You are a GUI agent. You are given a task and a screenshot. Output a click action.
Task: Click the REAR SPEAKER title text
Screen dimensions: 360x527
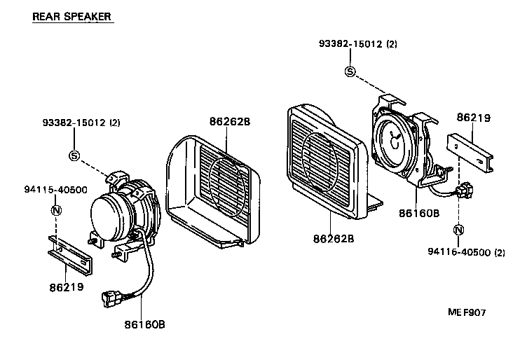pyautogui.click(x=72, y=16)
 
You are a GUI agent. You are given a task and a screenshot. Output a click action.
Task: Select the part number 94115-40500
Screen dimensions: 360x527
pyautogui.click(x=55, y=190)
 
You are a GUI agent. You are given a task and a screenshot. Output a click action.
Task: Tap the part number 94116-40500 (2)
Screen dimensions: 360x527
pyautogui.click(x=465, y=251)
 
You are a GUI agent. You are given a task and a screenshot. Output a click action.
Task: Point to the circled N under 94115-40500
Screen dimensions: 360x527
pyautogui.click(x=56, y=210)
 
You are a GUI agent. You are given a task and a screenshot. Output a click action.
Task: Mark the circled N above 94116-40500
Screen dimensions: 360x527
pyautogui.click(x=458, y=229)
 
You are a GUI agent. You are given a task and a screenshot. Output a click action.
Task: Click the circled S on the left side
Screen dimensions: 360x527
pyautogui.click(x=74, y=154)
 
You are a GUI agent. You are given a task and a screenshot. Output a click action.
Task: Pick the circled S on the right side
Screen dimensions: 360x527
pyautogui.click(x=350, y=71)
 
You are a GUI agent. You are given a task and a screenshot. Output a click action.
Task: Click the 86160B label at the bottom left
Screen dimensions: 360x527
pyautogui.click(x=145, y=324)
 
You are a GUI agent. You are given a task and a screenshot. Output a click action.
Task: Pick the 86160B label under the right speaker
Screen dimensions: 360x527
pyautogui.click(x=419, y=212)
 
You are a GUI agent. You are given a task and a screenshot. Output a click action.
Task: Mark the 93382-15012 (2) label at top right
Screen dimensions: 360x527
pyautogui.click(x=358, y=43)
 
